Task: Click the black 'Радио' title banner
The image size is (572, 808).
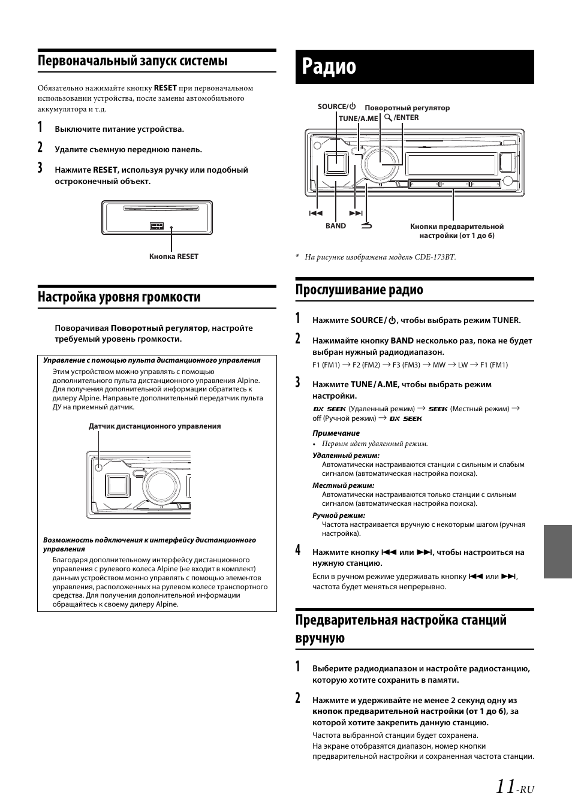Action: click(x=414, y=67)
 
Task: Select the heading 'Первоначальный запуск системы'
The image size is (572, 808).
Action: click(x=133, y=61)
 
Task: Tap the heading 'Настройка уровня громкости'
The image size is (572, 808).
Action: click(x=119, y=297)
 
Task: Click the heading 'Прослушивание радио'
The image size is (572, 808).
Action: click(x=359, y=290)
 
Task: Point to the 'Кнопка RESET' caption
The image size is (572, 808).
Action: click(x=173, y=257)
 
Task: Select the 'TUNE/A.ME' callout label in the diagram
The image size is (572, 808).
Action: click(x=358, y=118)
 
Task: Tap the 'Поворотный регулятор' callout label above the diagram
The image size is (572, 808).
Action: click(x=407, y=108)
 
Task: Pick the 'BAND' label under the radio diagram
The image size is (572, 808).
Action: click(x=336, y=226)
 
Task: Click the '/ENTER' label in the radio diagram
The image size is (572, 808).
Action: click(x=406, y=117)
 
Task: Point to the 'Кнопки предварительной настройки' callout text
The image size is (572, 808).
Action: click(x=457, y=231)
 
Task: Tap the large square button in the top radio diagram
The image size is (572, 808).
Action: click(x=336, y=162)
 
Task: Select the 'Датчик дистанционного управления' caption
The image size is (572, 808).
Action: click(x=155, y=426)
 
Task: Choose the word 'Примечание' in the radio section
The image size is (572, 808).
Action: click(x=336, y=433)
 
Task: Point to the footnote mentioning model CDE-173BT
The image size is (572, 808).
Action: click(x=380, y=257)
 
